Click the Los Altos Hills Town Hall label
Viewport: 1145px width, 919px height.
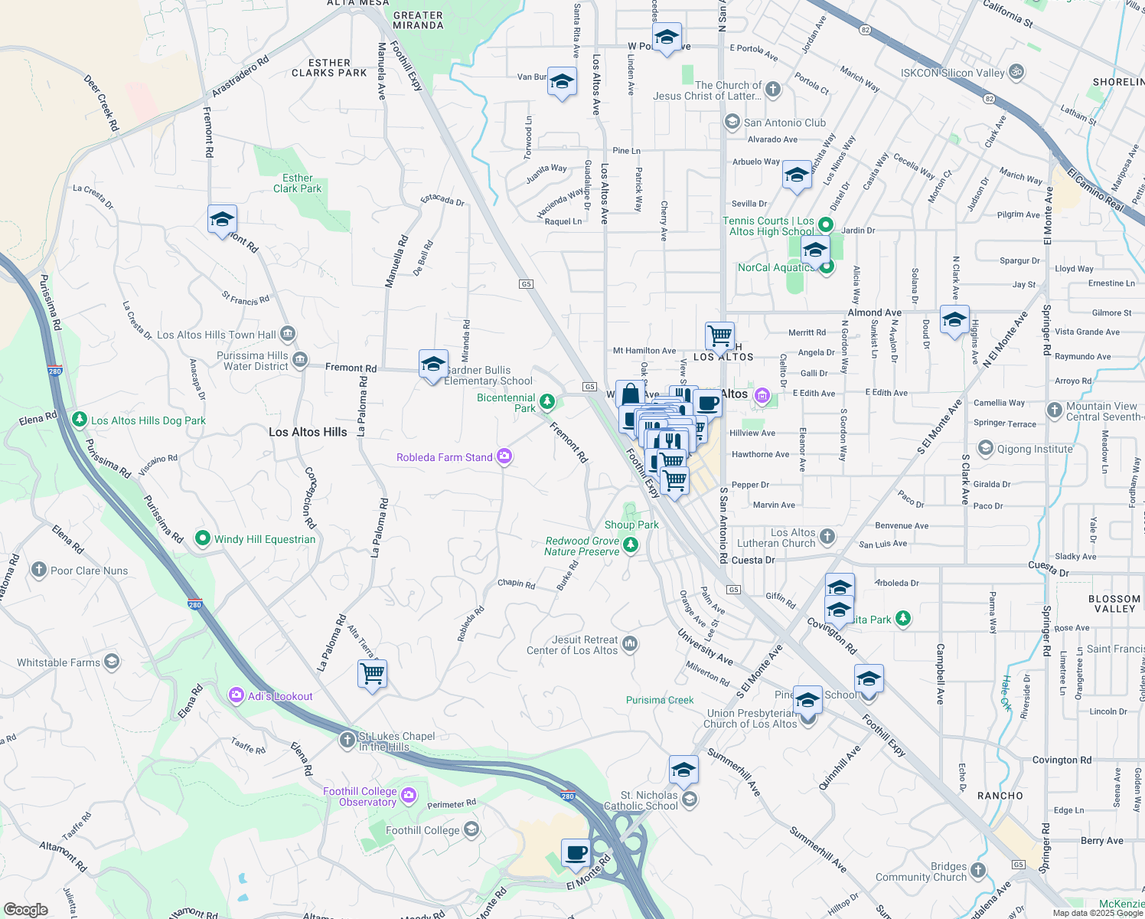coord(217,335)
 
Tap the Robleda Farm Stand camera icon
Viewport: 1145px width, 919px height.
coord(504,456)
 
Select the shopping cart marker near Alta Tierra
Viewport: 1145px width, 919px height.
coord(372,674)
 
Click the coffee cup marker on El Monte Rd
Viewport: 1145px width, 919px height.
coord(576,852)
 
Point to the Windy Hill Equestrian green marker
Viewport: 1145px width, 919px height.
coord(203,538)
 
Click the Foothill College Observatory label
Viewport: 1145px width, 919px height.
coord(360,796)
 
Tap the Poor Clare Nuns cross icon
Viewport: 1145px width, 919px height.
coord(39,570)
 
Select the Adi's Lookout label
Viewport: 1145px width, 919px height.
coord(280,696)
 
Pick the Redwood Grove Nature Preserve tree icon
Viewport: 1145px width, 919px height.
coord(630,545)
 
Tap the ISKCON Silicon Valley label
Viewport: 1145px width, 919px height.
coord(952,73)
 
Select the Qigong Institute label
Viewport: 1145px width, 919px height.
coord(1035,449)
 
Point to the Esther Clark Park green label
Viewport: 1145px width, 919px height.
coord(298,183)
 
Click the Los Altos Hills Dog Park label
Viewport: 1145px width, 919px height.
coord(148,420)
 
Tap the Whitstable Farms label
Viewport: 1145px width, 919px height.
coord(58,662)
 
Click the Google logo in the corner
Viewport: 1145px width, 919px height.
coord(25,909)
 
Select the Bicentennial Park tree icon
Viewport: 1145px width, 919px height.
coord(546,401)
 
